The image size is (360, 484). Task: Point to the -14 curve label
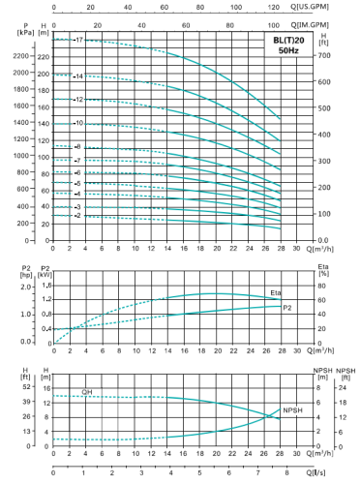[77, 76]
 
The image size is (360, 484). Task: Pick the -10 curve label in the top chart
[78, 124]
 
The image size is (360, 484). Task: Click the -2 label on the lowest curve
[76, 216]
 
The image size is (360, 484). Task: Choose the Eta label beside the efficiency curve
[276, 292]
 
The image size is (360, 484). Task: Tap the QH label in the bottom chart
[86, 392]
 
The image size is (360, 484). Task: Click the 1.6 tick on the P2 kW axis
[45, 286]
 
